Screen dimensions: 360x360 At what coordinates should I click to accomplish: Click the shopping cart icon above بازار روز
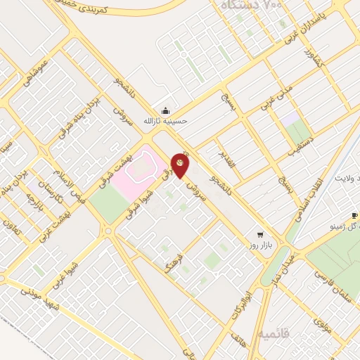(x=260, y=234)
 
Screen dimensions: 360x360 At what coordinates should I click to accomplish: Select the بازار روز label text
(x=260, y=245)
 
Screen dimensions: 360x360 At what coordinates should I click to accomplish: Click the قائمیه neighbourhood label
(x=254, y=333)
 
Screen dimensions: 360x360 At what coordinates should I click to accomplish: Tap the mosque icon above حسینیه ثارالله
(x=165, y=110)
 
